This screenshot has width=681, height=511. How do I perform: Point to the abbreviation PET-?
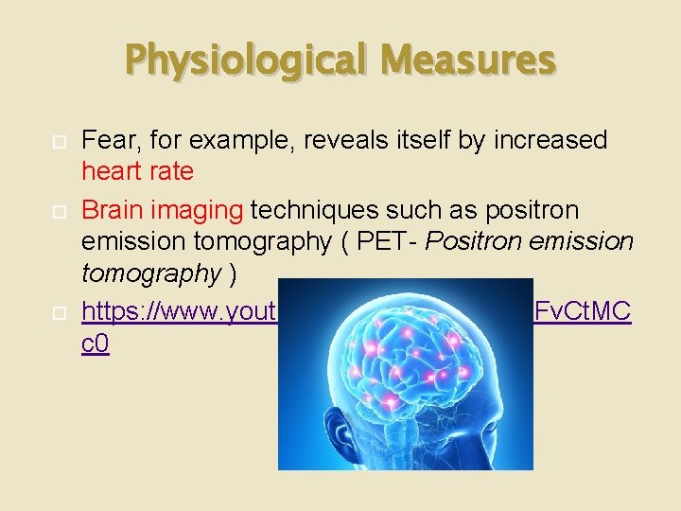coord(384,242)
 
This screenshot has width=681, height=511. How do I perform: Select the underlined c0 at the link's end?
coord(96,344)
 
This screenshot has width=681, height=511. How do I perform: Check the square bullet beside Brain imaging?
coord(55,210)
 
